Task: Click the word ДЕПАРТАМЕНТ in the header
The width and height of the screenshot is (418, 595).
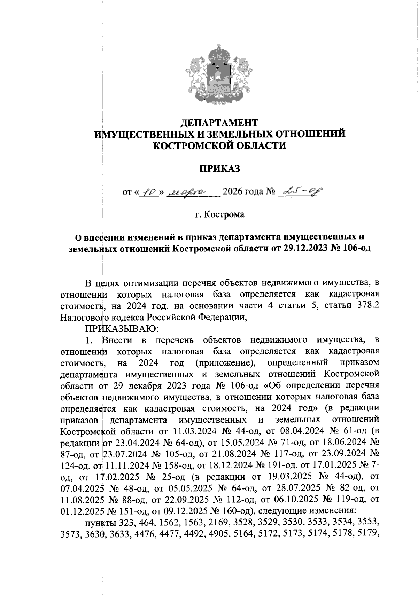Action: [x=220, y=123]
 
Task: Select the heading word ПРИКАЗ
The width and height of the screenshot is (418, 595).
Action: [x=220, y=169]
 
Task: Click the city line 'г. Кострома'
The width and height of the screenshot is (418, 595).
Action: [x=220, y=214]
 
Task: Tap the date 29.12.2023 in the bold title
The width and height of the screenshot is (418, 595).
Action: [x=302, y=249]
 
